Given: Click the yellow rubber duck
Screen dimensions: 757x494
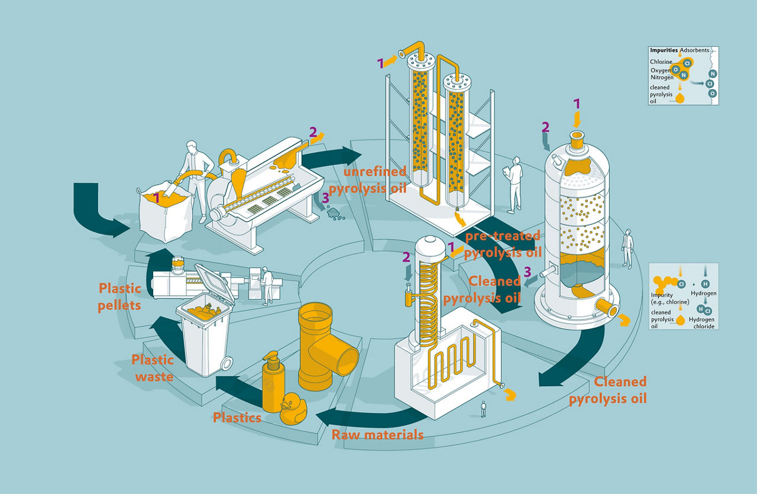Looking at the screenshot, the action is point(293,409).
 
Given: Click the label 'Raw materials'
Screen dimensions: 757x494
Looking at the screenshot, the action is point(377,434).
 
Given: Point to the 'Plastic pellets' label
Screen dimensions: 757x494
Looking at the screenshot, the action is point(119,297).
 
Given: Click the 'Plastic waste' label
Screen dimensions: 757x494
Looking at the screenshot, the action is point(153,368).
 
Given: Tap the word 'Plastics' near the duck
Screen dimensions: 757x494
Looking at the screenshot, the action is point(237,418).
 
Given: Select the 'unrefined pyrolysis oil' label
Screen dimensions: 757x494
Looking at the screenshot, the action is point(368,180).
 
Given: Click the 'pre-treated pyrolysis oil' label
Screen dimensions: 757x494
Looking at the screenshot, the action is point(503,244).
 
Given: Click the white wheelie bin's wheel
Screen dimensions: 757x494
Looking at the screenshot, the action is point(226,364).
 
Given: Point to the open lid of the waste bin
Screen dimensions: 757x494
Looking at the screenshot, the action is point(214,282).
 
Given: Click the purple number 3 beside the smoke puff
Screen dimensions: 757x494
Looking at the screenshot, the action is point(325,198).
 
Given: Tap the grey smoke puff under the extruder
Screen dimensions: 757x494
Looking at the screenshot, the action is point(335,214).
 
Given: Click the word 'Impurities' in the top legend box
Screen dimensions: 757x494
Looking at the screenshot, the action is point(664,50).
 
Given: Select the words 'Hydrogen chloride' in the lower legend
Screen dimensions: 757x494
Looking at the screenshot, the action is point(701,322).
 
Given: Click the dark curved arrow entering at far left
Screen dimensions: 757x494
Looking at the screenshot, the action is point(96,213).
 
